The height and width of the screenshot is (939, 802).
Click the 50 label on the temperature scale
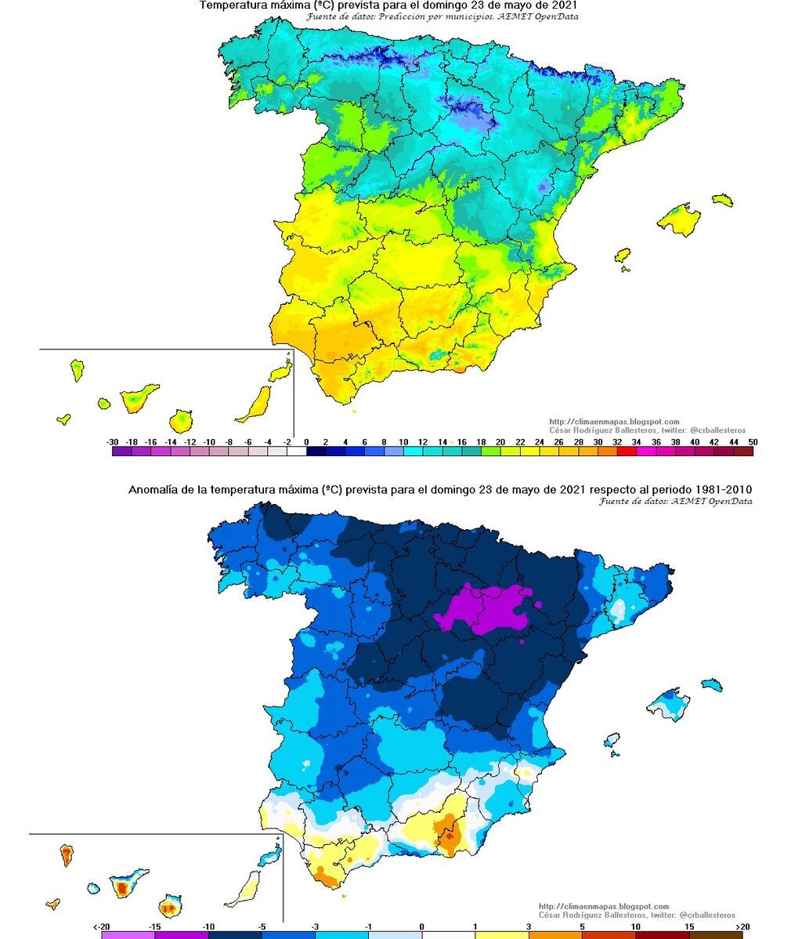[x=753, y=441]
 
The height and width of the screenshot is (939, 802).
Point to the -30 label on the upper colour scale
[x=113, y=441]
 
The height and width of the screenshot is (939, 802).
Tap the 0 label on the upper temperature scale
[x=306, y=441]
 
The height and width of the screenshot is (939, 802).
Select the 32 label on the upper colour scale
[x=616, y=441]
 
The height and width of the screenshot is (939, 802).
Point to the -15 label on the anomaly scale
[x=155, y=926]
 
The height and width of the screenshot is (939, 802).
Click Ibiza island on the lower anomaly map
[x=612, y=741]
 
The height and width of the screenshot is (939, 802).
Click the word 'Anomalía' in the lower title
[x=152, y=490]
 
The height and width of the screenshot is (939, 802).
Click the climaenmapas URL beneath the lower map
[x=604, y=907]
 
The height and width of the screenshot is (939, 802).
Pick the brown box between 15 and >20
[x=716, y=935]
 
